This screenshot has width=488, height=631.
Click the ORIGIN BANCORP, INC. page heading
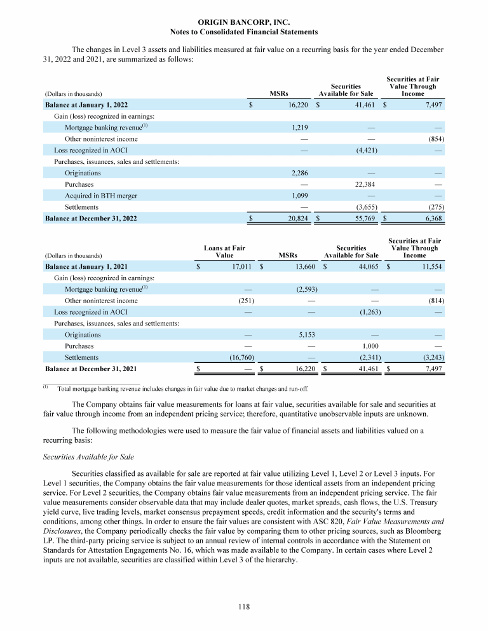[x=244, y=22]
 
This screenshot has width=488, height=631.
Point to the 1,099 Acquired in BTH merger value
[x=300, y=196]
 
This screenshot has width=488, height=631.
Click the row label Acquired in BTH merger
[x=100, y=196]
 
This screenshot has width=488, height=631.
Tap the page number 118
[x=244, y=607]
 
